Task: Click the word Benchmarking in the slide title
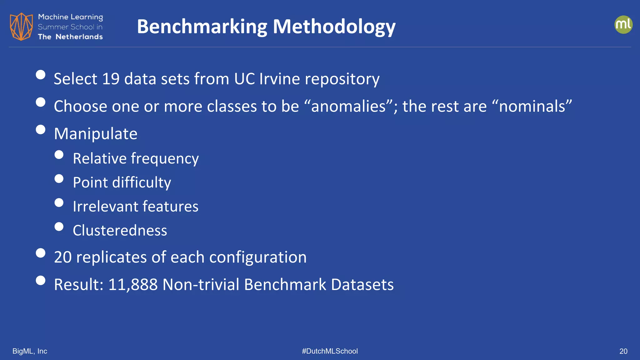click(x=202, y=27)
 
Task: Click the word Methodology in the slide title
click(x=334, y=27)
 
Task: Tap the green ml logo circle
click(x=623, y=25)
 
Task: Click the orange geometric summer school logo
click(x=21, y=27)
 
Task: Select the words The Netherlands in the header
click(x=70, y=37)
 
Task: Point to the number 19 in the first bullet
click(x=111, y=79)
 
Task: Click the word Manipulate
click(x=96, y=134)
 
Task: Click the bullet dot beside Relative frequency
click(x=59, y=155)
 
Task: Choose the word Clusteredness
click(x=120, y=231)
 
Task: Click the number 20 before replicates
click(x=62, y=257)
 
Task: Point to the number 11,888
click(x=133, y=285)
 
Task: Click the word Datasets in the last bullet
click(x=362, y=285)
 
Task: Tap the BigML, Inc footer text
click(x=30, y=351)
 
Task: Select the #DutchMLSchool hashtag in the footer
click(x=330, y=351)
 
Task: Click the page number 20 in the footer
click(x=623, y=351)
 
